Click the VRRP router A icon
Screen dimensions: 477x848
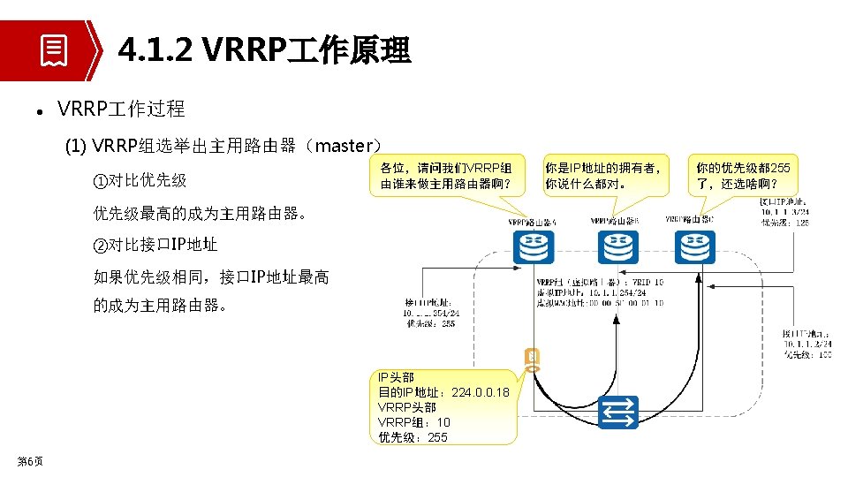point(534,246)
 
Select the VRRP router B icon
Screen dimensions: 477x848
point(617,246)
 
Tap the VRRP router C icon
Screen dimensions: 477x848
point(694,246)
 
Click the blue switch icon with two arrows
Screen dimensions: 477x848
point(618,413)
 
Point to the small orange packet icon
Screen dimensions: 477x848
point(531,359)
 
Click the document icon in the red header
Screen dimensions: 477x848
point(53,50)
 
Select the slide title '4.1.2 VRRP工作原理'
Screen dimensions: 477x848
point(264,50)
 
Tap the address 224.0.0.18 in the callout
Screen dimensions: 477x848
point(480,392)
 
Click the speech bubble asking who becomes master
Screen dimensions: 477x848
point(445,176)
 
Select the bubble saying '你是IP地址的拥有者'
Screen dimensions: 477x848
point(602,176)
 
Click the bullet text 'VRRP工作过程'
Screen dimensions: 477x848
point(121,109)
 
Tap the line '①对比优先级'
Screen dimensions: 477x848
point(140,180)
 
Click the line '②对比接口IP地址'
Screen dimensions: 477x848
point(155,245)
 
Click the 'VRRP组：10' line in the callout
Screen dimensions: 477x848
point(413,422)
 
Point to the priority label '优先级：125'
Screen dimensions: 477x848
point(784,223)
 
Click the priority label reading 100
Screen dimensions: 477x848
point(806,355)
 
